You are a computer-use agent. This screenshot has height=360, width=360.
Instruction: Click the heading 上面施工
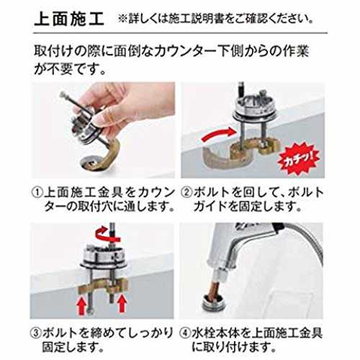tap(69, 19)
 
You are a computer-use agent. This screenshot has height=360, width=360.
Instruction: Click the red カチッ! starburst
tap(299, 158)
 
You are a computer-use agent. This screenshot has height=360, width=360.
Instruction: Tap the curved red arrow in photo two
tap(218, 135)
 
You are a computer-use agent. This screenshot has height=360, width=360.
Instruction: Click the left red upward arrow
tap(82, 305)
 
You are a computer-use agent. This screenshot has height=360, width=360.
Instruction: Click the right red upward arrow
tap(122, 304)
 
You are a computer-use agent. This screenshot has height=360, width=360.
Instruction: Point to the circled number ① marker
tap(37, 192)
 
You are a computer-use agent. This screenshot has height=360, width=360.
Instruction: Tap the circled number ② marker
tap(186, 192)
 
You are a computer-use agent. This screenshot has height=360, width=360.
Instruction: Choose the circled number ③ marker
tap(36, 333)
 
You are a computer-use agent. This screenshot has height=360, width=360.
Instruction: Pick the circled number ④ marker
tap(185, 333)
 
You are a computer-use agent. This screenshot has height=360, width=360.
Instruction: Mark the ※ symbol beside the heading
tap(122, 19)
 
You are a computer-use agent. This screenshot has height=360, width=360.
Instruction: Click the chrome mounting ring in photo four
tap(212, 305)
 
